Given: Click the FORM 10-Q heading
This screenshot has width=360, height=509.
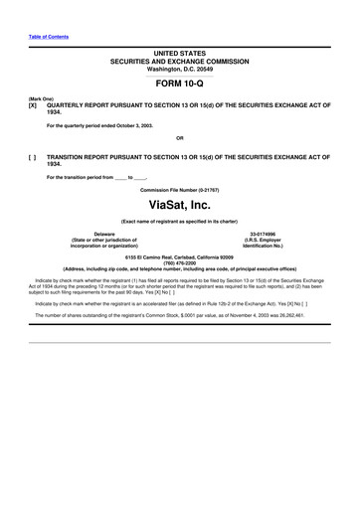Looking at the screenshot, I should [179, 84].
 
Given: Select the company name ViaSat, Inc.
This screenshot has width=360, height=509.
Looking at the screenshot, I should [179, 205].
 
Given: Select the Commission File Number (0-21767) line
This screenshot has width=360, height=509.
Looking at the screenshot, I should [179, 189].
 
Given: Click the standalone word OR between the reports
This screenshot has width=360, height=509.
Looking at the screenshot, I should [179, 137].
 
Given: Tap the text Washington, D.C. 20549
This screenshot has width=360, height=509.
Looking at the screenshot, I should [179, 68].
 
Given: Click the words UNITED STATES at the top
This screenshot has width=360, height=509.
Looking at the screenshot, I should [179, 51].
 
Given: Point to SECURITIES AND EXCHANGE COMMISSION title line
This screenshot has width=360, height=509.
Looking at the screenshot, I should [179, 60].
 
